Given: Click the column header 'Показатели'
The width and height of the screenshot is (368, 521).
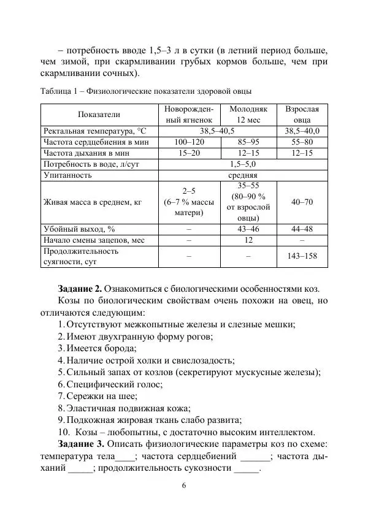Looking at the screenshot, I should (99, 115).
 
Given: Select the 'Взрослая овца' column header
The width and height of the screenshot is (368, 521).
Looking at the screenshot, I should (302, 115).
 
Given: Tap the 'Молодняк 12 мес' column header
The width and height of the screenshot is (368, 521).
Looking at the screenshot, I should (248, 115).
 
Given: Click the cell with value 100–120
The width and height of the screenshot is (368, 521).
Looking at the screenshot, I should (188, 142).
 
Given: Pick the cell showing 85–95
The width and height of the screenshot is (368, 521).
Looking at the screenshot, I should (248, 142).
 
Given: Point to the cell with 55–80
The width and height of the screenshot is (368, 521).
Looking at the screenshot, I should (302, 142).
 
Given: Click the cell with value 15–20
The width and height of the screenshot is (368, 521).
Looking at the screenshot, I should (188, 153).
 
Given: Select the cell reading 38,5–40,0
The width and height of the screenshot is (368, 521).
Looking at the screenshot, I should (302, 131).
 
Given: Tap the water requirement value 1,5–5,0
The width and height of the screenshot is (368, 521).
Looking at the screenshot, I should (243, 164).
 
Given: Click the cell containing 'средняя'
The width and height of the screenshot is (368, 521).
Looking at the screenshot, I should (243, 175).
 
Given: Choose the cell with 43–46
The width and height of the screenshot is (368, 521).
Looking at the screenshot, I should (248, 229).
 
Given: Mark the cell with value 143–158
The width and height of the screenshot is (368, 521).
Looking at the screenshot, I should (302, 256).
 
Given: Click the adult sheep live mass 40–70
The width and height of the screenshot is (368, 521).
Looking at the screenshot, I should (302, 202).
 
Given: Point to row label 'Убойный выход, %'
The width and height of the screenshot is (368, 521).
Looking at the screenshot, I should (79, 229).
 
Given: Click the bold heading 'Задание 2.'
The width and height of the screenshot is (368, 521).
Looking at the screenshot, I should (80, 289).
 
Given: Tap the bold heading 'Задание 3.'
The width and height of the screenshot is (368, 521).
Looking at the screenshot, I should (80, 443).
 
